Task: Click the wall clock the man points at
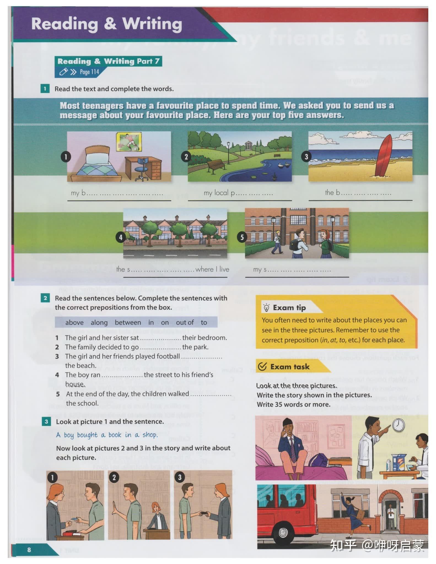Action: pyautogui.click(x=398, y=425)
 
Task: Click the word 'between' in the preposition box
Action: pyautogui.click(x=128, y=322)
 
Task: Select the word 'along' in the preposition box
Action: pyautogui.click(x=99, y=322)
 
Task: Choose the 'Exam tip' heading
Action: pyautogui.click(x=289, y=308)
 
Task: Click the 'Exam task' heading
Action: pyautogui.click(x=290, y=367)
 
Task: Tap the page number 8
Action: pyautogui.click(x=29, y=550)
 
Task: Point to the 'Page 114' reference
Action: pyautogui.click(x=89, y=72)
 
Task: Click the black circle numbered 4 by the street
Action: pyautogui.click(x=120, y=237)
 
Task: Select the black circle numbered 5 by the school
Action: pyautogui.click(x=242, y=237)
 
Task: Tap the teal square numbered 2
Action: pyautogui.click(x=45, y=298)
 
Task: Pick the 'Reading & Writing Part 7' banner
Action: pyautogui.click(x=108, y=61)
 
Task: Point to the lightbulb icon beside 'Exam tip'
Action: pyautogui.click(x=266, y=308)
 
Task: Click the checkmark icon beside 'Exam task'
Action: pyautogui.click(x=262, y=367)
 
